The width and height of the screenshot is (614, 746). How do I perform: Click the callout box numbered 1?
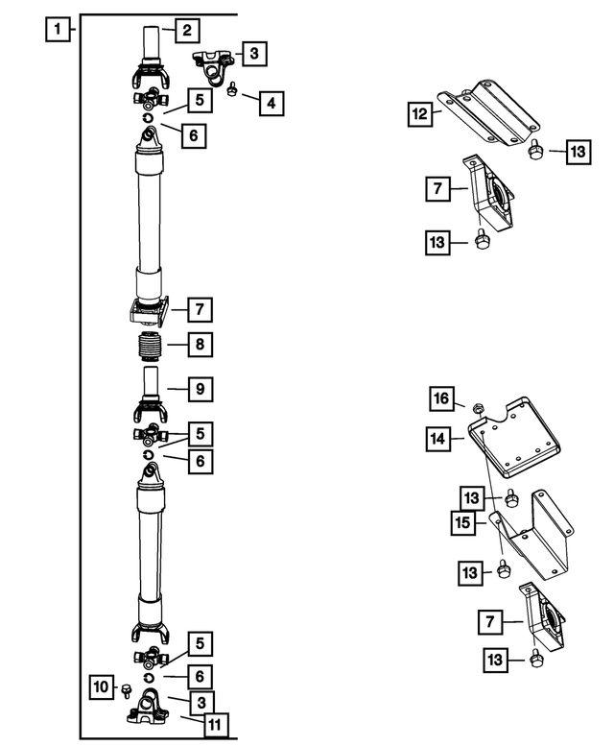point(59,29)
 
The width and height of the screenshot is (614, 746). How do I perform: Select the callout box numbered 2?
point(187,29)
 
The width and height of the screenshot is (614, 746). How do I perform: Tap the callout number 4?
point(272,102)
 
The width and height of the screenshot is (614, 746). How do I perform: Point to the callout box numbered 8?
point(200,344)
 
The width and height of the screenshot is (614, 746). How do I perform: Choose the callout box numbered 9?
point(200,389)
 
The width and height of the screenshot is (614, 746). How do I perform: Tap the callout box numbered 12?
point(419,115)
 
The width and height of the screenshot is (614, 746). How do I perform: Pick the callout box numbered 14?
point(439,440)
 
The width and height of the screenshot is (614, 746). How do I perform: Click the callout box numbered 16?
point(439,397)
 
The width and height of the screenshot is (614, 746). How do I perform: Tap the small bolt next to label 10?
point(125,687)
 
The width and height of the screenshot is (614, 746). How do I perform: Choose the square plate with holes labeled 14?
point(514,451)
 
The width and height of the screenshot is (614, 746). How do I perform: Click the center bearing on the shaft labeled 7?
point(148,310)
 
